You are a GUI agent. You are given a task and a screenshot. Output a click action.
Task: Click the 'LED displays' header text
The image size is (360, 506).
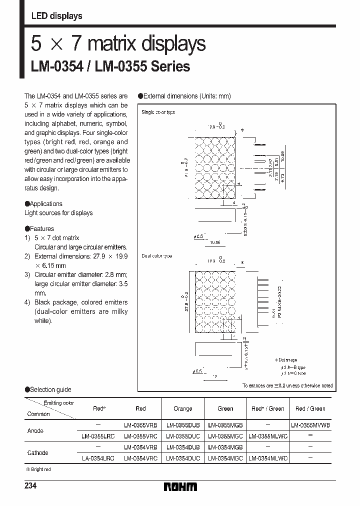click(56, 16)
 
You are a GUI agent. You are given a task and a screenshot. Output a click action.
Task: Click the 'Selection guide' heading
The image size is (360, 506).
click(50, 389)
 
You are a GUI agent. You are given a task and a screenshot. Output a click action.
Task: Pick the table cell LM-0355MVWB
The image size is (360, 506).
click(310, 425)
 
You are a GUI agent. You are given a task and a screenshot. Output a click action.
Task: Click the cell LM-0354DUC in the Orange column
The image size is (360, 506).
click(182, 457)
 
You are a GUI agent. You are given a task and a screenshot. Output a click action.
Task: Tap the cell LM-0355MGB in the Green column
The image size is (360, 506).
click(225, 425)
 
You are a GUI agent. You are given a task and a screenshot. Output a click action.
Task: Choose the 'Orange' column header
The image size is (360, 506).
click(182, 408)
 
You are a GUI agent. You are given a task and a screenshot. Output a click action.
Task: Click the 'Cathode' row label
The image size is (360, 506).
click(37, 452)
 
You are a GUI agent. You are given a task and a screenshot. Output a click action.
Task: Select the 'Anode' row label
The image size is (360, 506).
click(35, 430)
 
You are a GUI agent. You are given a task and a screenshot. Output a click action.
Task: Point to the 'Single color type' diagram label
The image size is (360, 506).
click(158, 112)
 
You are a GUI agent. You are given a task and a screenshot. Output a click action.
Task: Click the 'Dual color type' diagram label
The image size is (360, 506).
click(157, 256)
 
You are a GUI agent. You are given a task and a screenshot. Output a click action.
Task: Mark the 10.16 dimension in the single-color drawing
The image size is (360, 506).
click(215, 242)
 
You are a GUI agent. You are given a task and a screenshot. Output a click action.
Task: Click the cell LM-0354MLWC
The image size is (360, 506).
click(267, 457)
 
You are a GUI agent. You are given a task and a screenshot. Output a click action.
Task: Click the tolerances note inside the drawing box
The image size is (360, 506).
click(287, 385)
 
